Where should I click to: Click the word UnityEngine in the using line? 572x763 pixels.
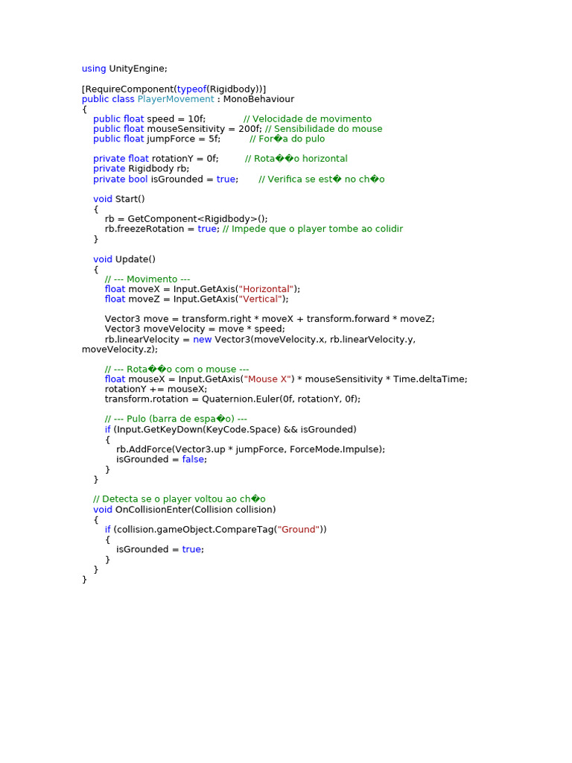(138, 69)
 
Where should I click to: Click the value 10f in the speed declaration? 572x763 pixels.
(197, 119)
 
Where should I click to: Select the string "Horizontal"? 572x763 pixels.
(266, 289)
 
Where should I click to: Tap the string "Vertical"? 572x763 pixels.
(260, 299)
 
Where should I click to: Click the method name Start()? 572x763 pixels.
(130, 199)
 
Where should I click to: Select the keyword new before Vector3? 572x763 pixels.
(202, 339)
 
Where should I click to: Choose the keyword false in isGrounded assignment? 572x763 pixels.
(194, 459)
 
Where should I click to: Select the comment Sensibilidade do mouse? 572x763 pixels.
(323, 129)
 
